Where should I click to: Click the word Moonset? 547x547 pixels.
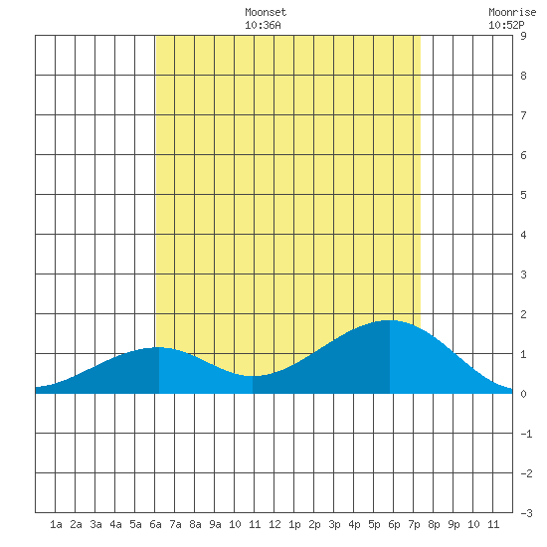pos(266,12)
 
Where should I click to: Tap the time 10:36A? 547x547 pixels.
pos(263,25)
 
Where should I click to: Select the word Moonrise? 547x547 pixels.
pos(512,12)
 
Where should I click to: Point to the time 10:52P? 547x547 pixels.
pos(506,25)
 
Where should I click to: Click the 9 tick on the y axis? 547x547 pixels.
pos(523,36)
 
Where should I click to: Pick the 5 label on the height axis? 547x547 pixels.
pos(523,195)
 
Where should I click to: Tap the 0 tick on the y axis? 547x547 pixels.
pos(523,394)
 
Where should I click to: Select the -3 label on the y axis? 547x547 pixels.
pos(526,513)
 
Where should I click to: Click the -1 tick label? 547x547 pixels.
pos(526,434)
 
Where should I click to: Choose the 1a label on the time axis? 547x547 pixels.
pos(56,524)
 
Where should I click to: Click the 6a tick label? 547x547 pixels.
pos(155,524)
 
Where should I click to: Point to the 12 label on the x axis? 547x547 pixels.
pos(274,524)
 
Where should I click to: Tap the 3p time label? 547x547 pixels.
pos(334,524)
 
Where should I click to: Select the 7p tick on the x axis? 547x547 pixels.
pos(414,524)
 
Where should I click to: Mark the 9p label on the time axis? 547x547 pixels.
pos(454,524)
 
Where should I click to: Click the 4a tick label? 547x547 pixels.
pos(115,524)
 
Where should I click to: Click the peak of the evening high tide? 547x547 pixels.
pos(389,320)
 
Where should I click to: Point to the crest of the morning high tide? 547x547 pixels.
pos(159,347)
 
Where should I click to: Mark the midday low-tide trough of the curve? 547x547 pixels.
pos(253,376)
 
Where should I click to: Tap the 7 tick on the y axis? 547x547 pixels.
pos(523,115)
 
